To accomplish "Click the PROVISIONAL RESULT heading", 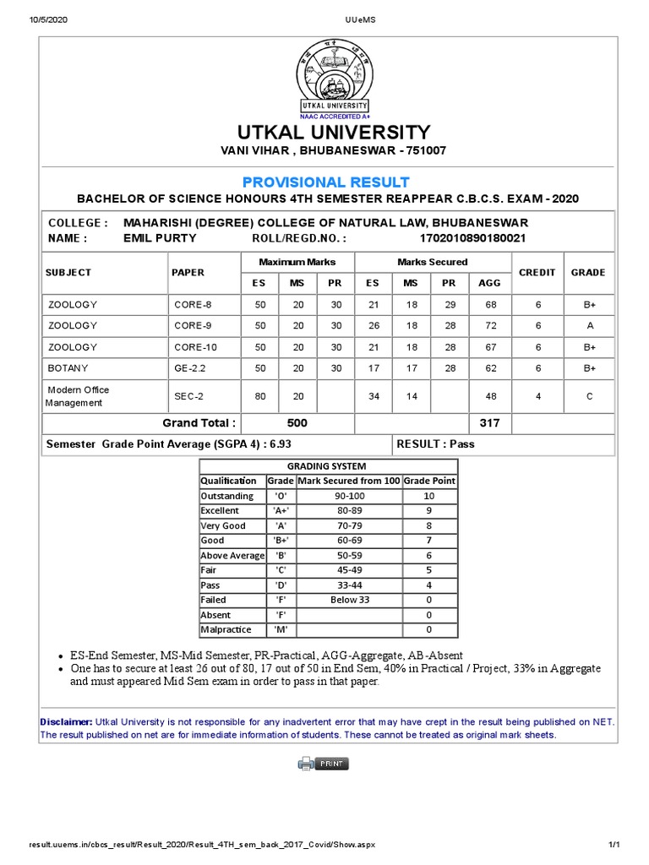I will coord(325,182).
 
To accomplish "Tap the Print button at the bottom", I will coord(324,764).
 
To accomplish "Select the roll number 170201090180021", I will coord(478,238).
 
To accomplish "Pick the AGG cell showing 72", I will coord(490,325).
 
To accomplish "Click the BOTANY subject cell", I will coord(68,368).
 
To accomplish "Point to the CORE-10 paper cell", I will coord(195,347).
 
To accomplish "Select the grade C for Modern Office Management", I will coord(588,396).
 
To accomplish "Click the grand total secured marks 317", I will coord(490,422).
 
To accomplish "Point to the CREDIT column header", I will coord(537,272).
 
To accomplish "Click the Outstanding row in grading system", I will coord(226,496).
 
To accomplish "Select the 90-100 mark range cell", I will coord(349,496).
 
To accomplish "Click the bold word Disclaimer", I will coord(66,721).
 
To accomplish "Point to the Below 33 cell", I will coord(349,600).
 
